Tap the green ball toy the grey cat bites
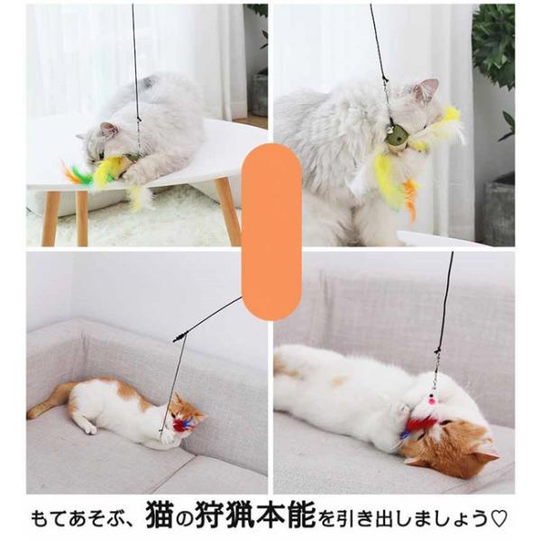pos(398,135)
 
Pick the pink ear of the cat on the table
pos(108,131)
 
